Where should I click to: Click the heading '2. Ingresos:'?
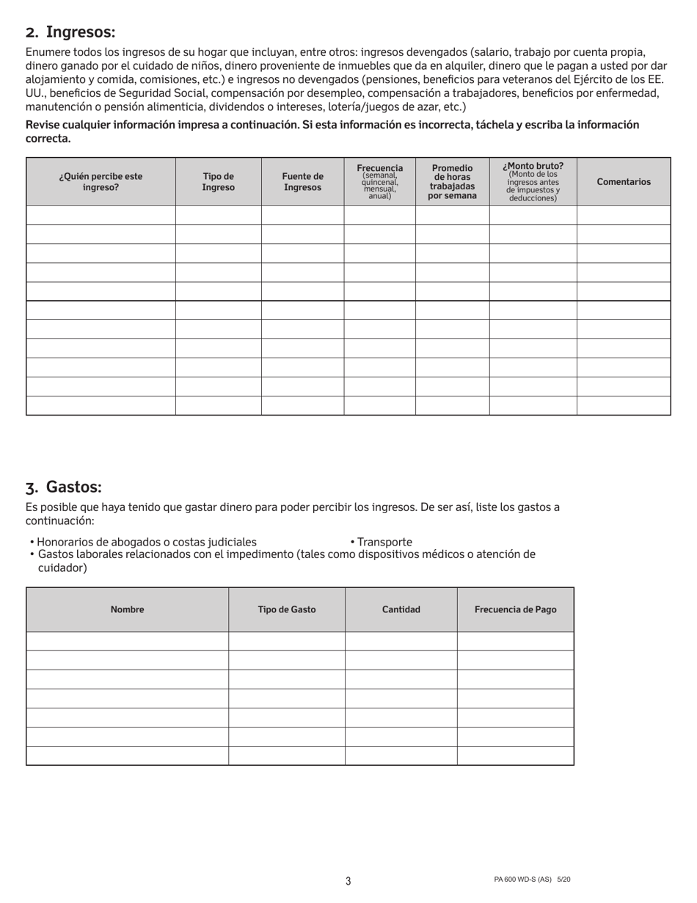70,32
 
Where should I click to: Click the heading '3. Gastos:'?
64,487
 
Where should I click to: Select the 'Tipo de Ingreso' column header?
219,182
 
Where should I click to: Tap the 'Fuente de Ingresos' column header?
302,182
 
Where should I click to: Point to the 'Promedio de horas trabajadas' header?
452,182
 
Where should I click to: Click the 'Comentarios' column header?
624,182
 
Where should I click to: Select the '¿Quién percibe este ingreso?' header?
101,182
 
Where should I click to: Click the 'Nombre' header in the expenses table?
127,610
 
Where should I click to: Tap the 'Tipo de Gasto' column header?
287,610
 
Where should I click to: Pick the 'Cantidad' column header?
401,610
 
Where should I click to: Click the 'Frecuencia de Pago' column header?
516,610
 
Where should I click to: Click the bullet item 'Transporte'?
384,543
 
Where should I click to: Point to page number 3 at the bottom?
348,881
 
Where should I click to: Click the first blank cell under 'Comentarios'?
624,215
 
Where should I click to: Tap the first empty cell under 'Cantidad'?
401,641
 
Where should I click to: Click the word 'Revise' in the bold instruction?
43,125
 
